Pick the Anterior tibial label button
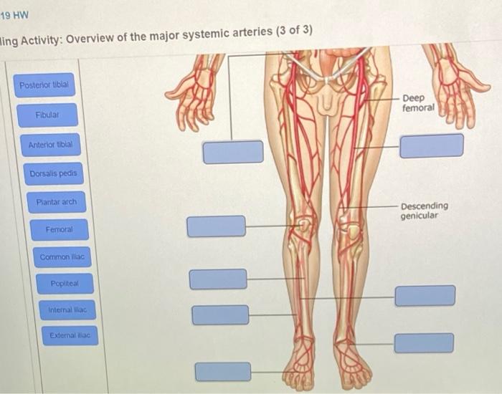50,145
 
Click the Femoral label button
58,230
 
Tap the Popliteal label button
65,284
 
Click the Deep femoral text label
418,102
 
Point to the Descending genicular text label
424,210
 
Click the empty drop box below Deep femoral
431,145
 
